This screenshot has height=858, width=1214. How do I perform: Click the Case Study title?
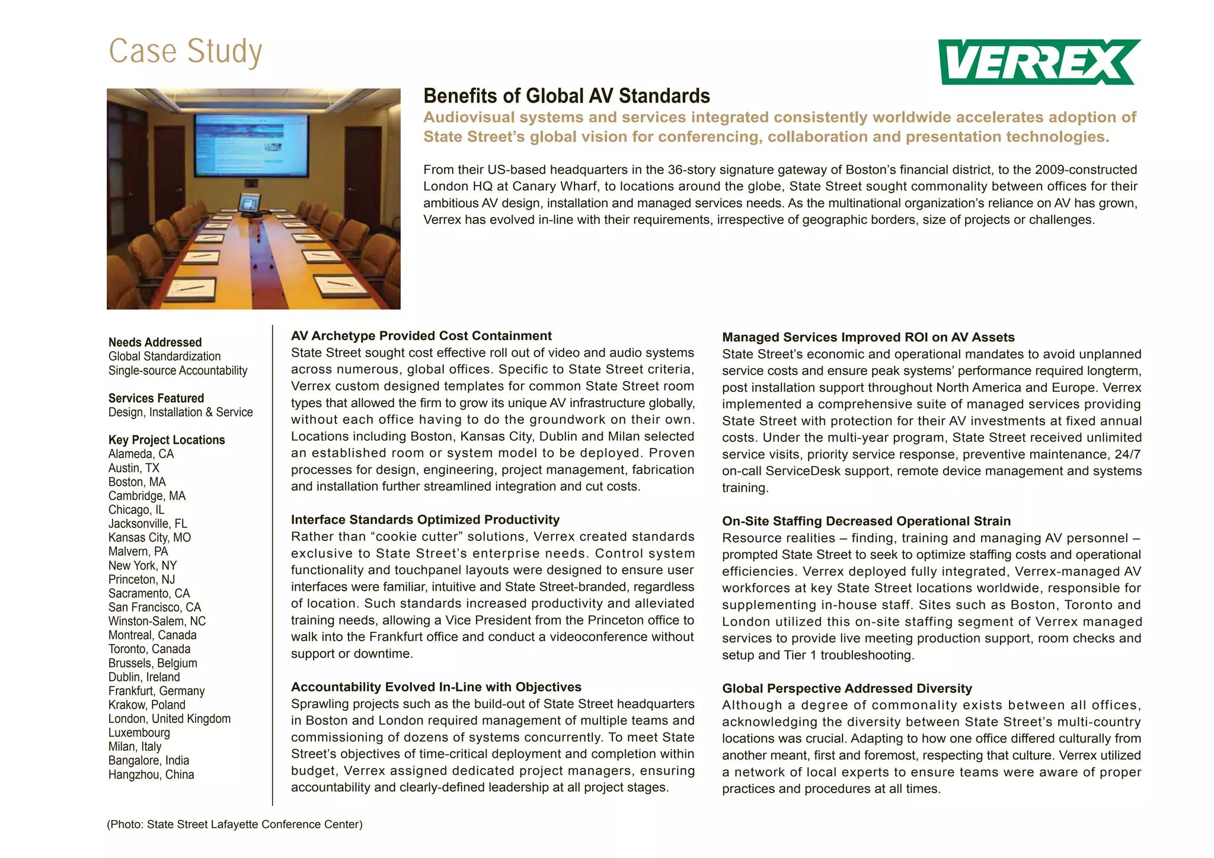tap(186, 52)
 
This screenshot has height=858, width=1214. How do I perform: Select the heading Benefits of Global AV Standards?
tap(566, 96)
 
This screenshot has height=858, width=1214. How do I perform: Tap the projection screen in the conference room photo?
tap(251, 145)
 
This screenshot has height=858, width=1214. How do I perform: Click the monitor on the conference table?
tap(249, 204)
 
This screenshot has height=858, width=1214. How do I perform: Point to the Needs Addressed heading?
tap(155, 342)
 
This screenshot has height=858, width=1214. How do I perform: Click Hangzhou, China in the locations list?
tap(151, 774)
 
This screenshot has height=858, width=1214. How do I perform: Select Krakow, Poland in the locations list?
tap(146, 705)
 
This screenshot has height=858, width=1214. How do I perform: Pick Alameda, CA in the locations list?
tap(141, 454)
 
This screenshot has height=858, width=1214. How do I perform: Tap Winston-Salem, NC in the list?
tap(157, 622)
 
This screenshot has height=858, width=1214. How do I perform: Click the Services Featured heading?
tap(156, 398)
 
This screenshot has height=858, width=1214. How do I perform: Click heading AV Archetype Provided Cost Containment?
tap(421, 336)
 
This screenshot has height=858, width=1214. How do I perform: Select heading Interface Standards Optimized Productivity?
tap(425, 520)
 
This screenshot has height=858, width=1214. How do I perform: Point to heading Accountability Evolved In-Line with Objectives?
tap(436, 687)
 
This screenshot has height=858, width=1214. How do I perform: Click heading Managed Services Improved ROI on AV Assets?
tap(868, 338)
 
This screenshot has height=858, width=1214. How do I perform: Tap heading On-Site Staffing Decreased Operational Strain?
tap(866, 521)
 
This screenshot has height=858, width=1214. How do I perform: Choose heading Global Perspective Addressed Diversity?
tap(846, 689)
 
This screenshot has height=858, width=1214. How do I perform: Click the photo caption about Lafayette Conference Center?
tap(235, 825)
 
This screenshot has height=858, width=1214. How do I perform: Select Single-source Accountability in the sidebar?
tap(178, 371)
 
